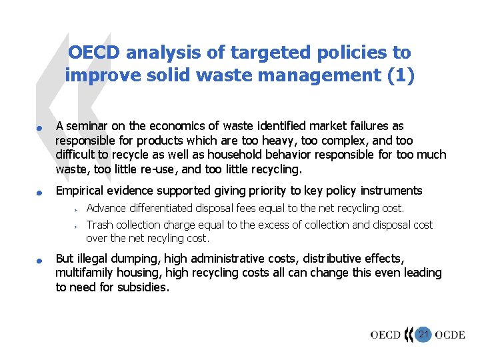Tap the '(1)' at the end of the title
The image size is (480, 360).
[400, 75]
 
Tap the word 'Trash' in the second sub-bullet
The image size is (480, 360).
[100, 225]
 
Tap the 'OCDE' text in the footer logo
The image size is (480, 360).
[449, 335]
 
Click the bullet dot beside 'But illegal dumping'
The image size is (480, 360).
[40, 260]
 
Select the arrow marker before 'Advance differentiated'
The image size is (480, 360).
[77, 209]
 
